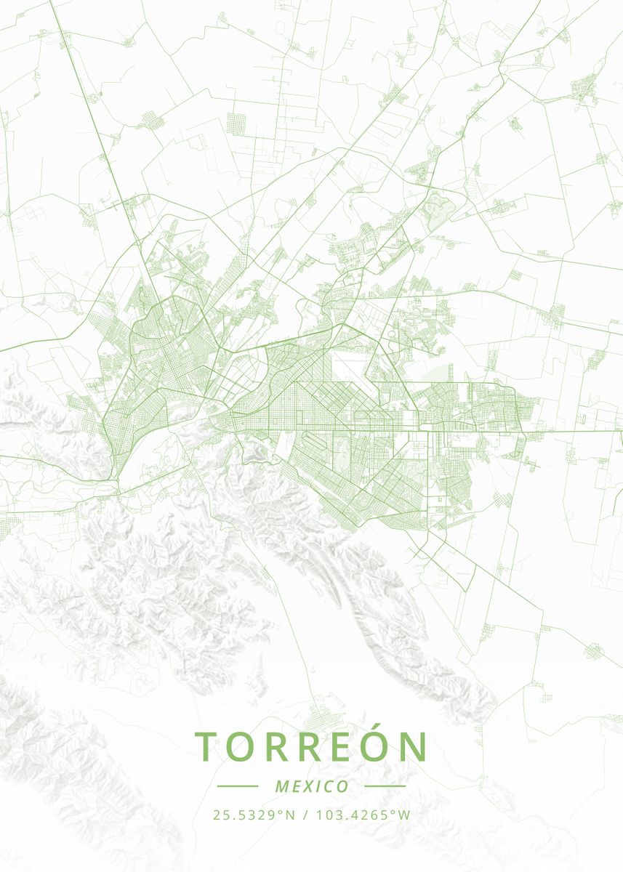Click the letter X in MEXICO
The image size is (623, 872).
[308, 786]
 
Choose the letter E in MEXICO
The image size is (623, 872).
[295, 786]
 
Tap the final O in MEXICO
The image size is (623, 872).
[342, 786]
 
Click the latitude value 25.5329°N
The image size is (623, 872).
[254, 815]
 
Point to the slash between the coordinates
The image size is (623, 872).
[304, 815]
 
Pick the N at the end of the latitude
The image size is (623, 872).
[290, 815]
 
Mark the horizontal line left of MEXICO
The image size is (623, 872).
[238, 786]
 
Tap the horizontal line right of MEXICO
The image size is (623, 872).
[385, 786]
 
